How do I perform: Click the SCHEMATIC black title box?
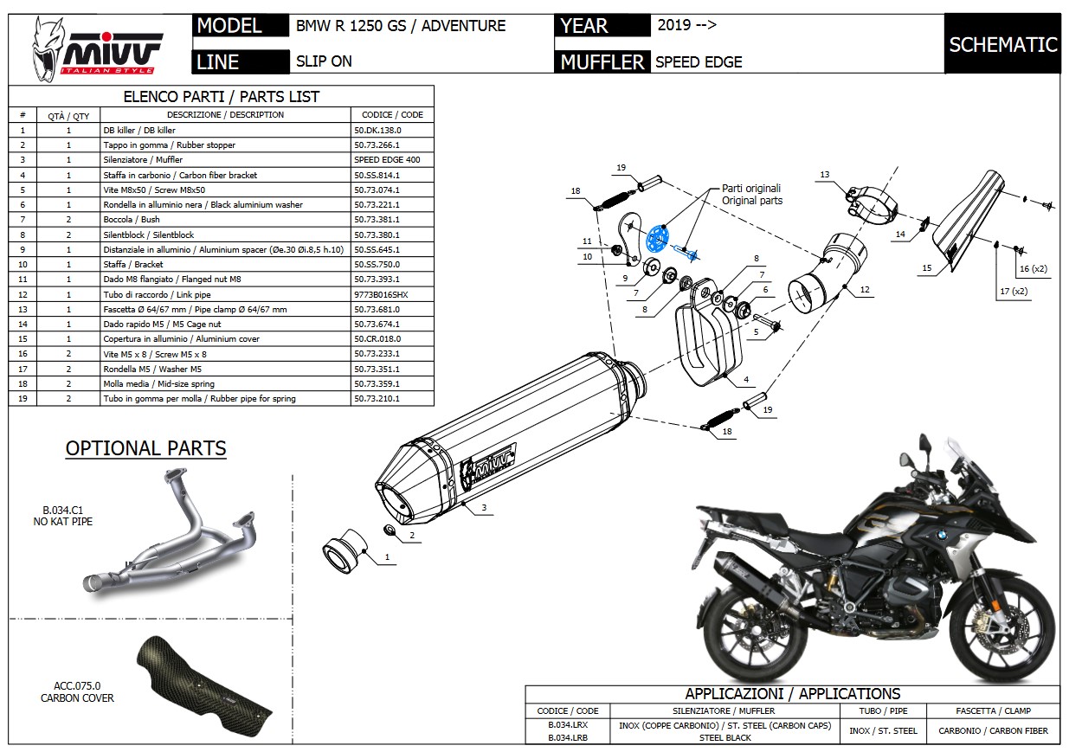(1002, 44)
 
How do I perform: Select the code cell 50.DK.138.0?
(377, 130)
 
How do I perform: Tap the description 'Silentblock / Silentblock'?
(149, 235)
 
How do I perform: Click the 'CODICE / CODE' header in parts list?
(388, 114)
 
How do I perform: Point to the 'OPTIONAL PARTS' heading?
(145, 448)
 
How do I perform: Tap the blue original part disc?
(659, 237)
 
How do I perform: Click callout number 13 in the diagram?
(825, 175)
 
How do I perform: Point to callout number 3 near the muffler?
(483, 508)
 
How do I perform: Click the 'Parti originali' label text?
(751, 189)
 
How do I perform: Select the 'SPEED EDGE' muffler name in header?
(699, 61)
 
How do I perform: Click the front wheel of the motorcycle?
(1005, 620)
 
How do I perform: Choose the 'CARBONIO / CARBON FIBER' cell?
(993, 730)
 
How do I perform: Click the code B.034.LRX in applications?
(568, 725)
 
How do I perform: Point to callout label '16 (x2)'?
(1033, 269)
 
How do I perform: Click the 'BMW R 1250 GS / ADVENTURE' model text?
(401, 25)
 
